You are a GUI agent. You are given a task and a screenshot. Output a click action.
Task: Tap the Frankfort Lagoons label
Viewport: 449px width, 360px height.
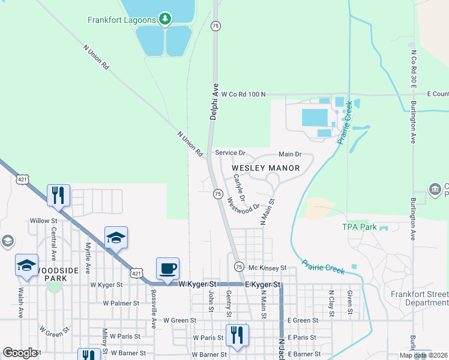coord(122,19)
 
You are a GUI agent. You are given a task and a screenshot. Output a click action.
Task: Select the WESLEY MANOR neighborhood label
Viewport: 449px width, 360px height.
coord(265,168)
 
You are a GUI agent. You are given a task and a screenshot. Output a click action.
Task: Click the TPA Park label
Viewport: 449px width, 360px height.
coord(360,227)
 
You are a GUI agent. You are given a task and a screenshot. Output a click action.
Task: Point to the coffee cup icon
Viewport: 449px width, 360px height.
coord(167,268)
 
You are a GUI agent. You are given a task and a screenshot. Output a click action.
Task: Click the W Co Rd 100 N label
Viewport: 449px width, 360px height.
coord(243,94)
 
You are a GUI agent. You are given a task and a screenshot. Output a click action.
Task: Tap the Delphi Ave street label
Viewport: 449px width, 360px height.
coord(214,101)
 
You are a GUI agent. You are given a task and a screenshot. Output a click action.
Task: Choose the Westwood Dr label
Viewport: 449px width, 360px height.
coord(243,203)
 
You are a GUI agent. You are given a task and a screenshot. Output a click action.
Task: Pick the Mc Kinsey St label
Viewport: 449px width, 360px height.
coord(267,267)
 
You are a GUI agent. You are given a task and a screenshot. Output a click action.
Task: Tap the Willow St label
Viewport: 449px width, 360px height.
coord(43,221)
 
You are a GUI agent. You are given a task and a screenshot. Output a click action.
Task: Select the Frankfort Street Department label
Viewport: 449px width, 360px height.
coord(419,298)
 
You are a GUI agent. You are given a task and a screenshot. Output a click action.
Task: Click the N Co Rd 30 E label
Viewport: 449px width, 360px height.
coord(414,68)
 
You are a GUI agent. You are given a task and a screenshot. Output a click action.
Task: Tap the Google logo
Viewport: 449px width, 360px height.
coord(20,353)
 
